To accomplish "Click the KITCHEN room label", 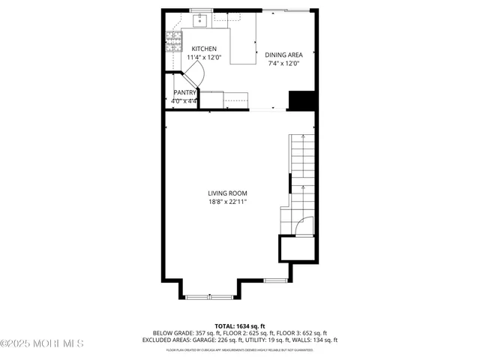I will [203, 49].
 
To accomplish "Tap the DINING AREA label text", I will [283, 55].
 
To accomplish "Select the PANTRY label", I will [184, 92].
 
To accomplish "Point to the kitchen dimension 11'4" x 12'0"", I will [203, 58].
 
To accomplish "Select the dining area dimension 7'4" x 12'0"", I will [283, 64].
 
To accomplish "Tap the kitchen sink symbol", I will [200, 19].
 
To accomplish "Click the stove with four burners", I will [173, 39].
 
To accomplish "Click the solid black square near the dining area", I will [301, 100].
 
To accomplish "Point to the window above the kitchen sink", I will [200, 10].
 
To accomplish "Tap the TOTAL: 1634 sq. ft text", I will [239, 325].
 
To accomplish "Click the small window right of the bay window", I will [275, 280].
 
